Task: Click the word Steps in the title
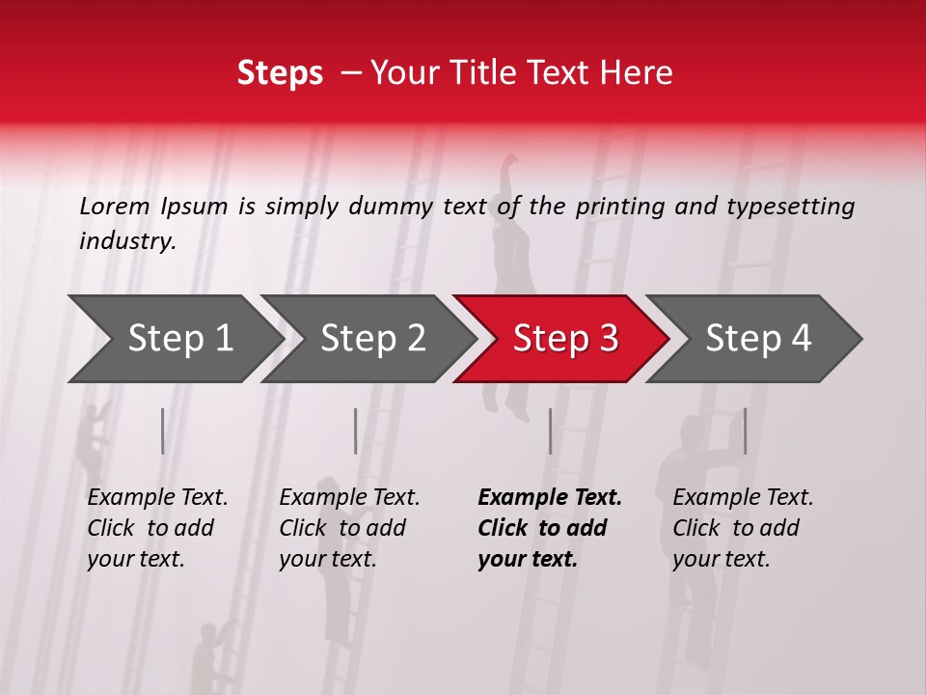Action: (x=280, y=73)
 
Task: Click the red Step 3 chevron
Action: (x=565, y=339)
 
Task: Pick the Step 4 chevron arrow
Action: (x=758, y=339)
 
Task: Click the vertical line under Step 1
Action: (x=163, y=431)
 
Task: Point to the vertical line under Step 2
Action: (x=356, y=431)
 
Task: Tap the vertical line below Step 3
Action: (x=550, y=431)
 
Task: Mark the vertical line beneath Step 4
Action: (x=745, y=431)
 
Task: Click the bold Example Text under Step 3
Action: (x=550, y=528)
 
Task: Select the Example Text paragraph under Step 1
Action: (x=157, y=528)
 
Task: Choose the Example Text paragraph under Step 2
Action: (x=349, y=528)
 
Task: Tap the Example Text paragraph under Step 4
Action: (x=743, y=528)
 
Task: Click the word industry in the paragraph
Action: (x=125, y=241)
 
